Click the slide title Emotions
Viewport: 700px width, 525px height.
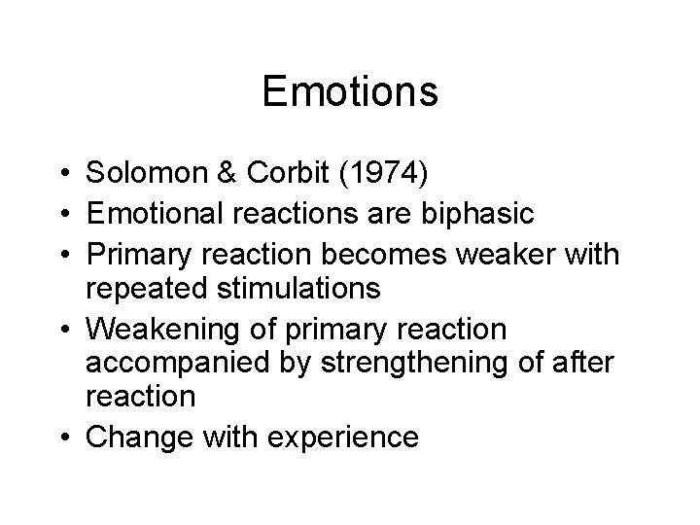tap(350, 92)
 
